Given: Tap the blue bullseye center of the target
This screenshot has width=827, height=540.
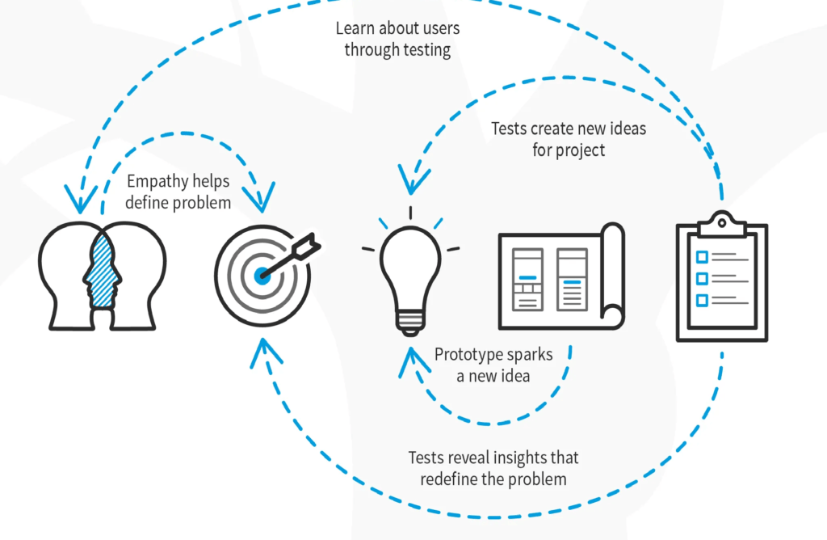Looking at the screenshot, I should click(262, 276).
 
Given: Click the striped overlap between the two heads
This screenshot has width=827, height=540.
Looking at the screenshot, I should click(103, 275).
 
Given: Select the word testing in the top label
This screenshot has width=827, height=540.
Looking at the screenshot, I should click(421, 49).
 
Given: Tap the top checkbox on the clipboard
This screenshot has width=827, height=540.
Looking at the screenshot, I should click(701, 257).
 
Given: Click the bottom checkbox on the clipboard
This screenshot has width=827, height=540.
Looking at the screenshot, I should click(701, 300).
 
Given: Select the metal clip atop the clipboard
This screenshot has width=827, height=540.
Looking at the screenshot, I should click(721, 222).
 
